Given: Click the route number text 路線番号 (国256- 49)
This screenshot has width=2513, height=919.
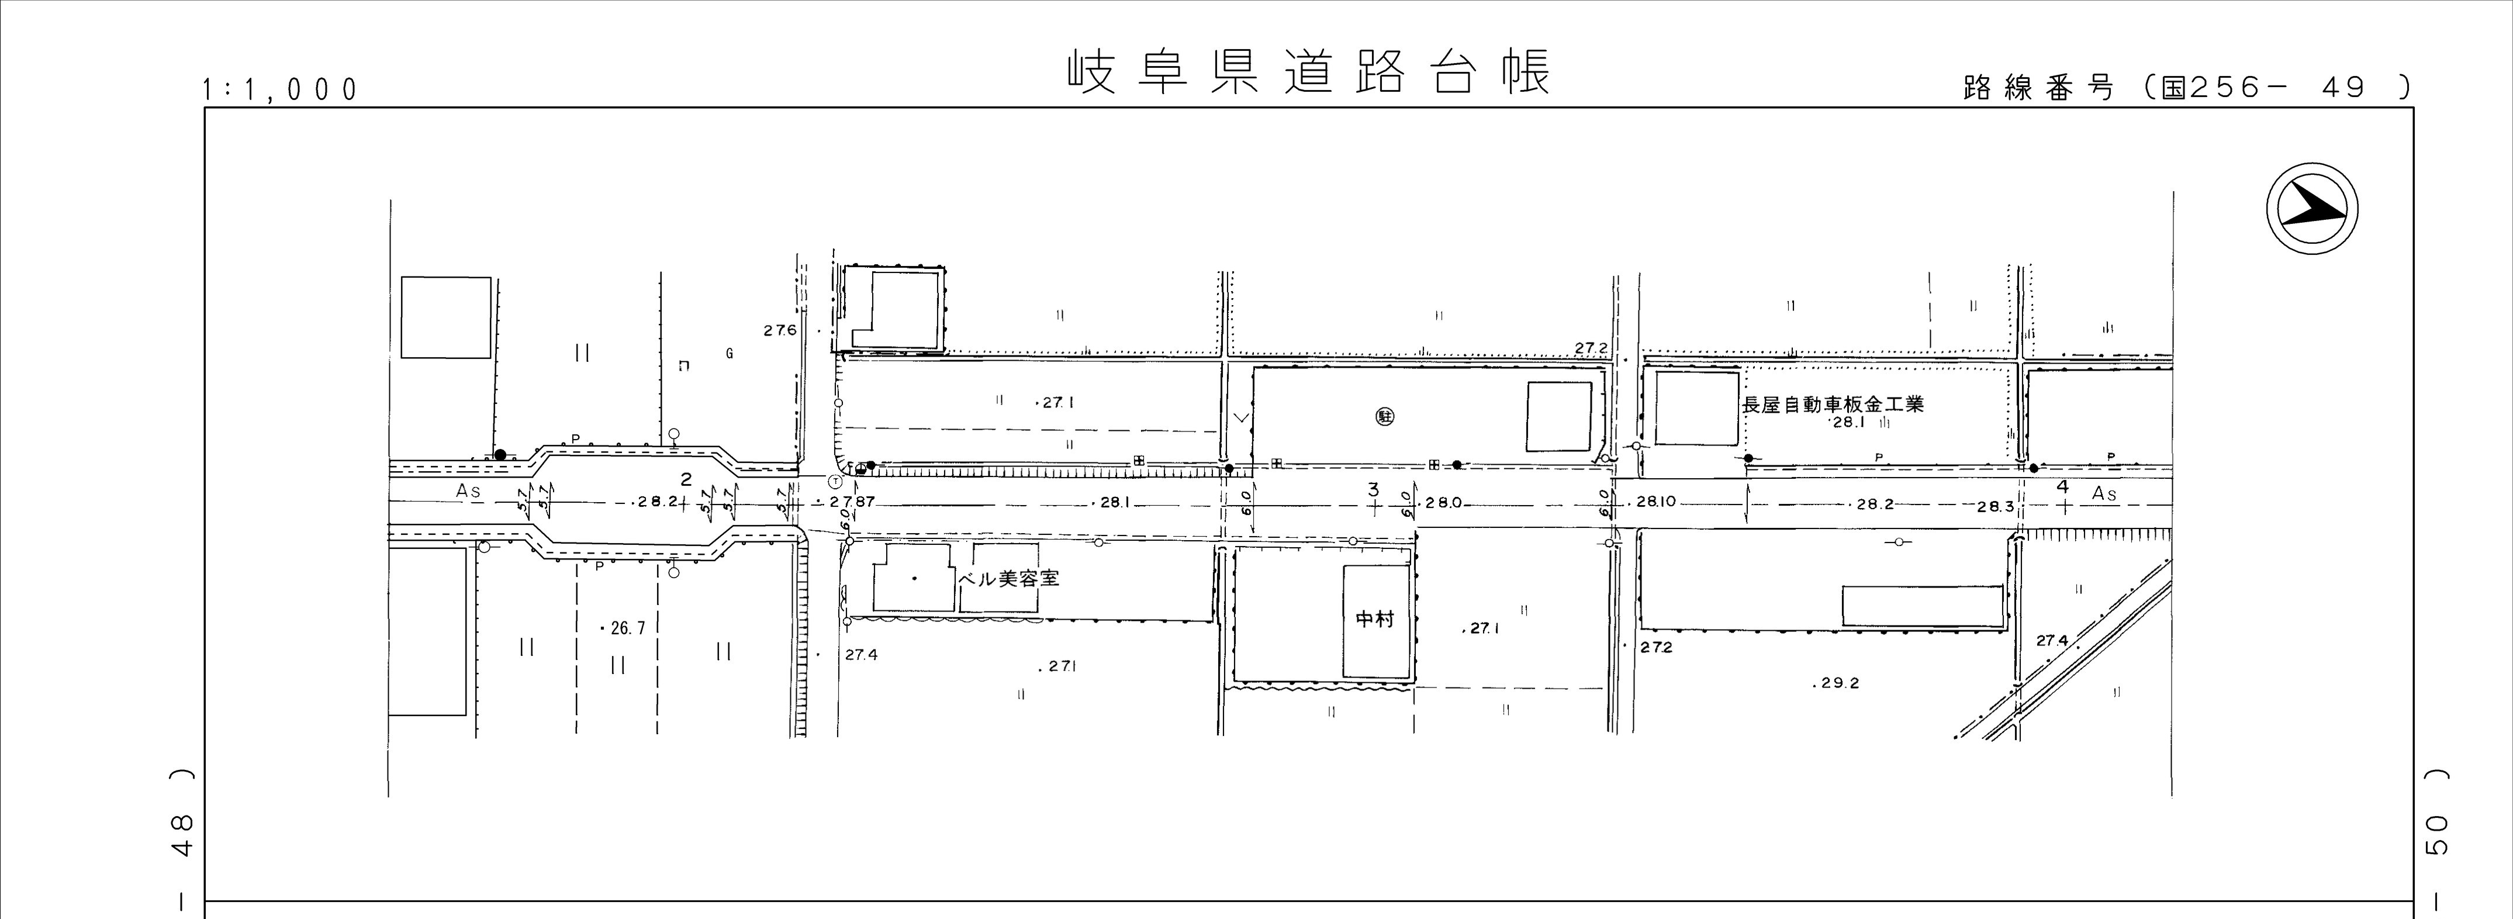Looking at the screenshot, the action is coord(2185,88).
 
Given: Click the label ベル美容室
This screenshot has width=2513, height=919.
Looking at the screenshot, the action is coord(1010,579).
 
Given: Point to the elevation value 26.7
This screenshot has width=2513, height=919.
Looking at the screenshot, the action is coord(626,628).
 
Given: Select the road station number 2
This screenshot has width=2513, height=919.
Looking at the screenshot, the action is coord(686,479).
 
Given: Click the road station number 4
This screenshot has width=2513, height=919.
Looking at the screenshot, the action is coord(2061,486).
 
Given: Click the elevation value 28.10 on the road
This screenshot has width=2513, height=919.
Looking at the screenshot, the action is coord(1655,502).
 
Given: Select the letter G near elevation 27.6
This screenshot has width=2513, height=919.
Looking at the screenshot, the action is coord(730,354).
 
